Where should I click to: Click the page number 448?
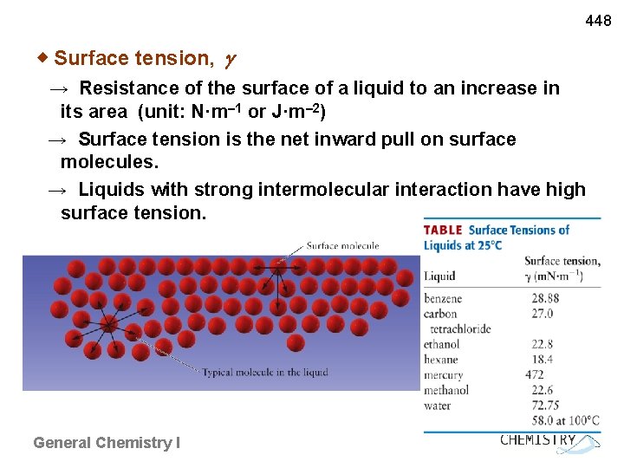coord(598,20)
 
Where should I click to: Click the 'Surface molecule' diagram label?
coord(342,246)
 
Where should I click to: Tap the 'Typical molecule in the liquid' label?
coord(264,373)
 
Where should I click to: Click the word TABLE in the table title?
coord(443,231)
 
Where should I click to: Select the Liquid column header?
coord(439,276)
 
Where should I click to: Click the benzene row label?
coord(443,298)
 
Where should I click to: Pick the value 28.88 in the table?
coord(545,298)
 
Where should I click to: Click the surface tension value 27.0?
coord(543,314)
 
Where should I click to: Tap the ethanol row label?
coord(442,344)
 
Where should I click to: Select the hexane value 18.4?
coord(543,359)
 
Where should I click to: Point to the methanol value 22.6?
coord(543,390)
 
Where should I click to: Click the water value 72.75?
coord(545,406)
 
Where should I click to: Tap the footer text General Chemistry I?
coord(107,443)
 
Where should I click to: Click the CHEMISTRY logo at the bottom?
coord(539,440)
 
